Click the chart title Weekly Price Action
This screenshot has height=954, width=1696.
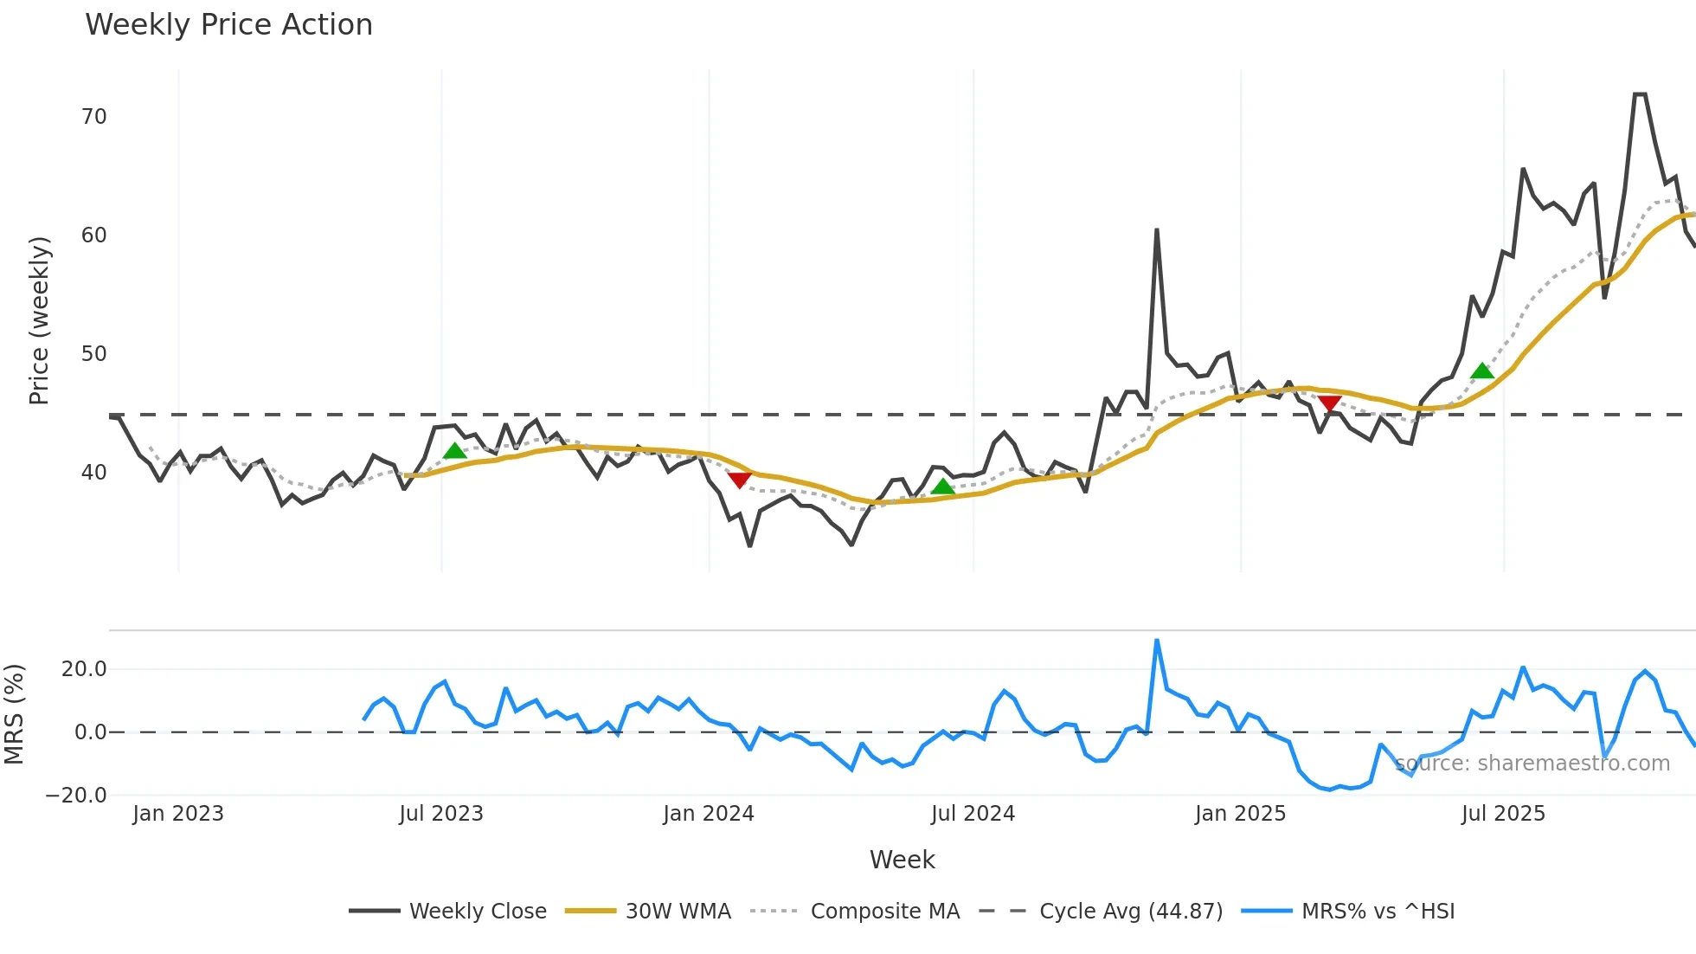(228, 25)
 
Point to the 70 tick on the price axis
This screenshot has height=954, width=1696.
(94, 117)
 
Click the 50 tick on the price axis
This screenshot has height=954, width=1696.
(94, 354)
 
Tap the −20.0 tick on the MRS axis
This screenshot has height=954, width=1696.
(76, 796)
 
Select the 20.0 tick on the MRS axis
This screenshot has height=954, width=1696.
(84, 669)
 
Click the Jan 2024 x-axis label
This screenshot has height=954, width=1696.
(709, 814)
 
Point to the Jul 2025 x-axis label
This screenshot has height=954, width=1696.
(1503, 814)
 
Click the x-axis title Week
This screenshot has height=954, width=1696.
(902, 860)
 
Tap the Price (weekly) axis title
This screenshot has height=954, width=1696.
(40, 320)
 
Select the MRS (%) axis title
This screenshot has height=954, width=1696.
(14, 714)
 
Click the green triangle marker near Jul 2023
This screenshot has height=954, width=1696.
(454, 451)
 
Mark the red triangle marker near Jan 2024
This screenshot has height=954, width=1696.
(739, 480)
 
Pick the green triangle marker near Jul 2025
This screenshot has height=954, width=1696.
(1482, 371)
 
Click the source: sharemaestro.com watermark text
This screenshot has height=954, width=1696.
(1532, 764)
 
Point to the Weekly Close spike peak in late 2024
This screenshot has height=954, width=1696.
(1157, 230)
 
